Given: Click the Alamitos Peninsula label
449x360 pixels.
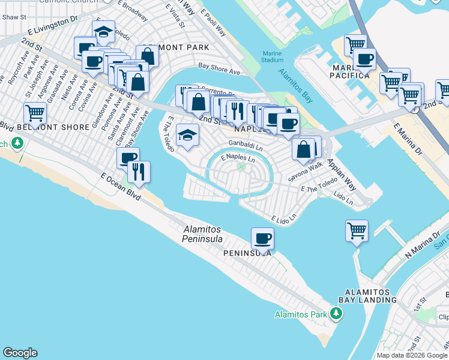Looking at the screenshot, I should click(x=202, y=234).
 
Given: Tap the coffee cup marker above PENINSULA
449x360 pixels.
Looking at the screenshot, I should click(x=262, y=239).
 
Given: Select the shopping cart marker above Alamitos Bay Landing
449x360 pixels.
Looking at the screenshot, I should click(x=357, y=231).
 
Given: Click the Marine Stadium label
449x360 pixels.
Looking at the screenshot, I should click(x=273, y=56).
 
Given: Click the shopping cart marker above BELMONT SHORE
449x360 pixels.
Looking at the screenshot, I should click(x=35, y=113).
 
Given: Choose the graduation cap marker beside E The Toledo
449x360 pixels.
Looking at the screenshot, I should click(x=188, y=136).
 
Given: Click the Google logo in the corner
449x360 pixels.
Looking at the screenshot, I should click(x=20, y=353).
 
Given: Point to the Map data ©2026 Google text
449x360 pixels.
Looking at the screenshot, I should click(x=412, y=355).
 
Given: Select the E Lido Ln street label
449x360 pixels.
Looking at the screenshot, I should click(x=284, y=220).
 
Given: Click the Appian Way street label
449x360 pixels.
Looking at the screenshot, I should click(x=342, y=175).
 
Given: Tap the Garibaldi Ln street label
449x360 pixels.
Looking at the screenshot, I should click(x=246, y=143).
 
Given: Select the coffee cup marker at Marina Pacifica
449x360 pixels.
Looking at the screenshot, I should click(x=364, y=59).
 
